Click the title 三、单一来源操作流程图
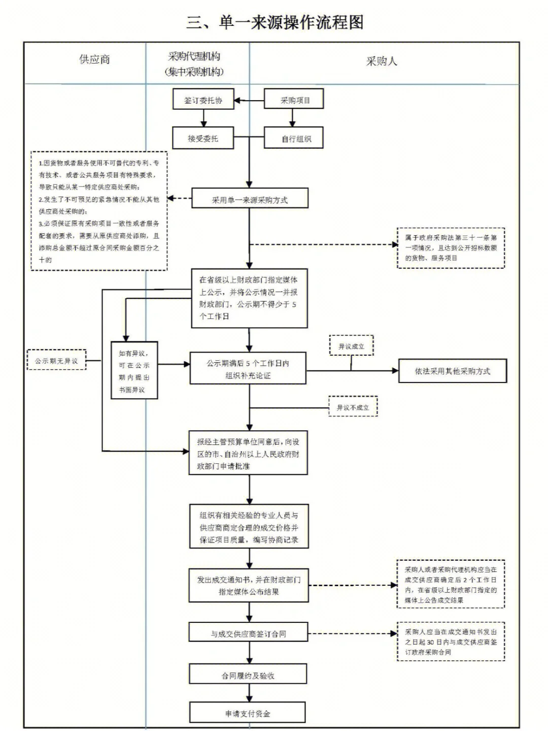click(x=275, y=22)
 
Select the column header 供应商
click(x=94, y=59)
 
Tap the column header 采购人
click(x=382, y=61)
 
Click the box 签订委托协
click(x=203, y=100)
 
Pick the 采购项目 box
click(x=294, y=100)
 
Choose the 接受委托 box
click(x=203, y=138)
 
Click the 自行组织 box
click(x=294, y=139)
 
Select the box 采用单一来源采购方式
click(x=250, y=200)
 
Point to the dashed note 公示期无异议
click(x=56, y=361)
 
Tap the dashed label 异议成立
click(x=351, y=346)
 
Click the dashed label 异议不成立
click(x=353, y=407)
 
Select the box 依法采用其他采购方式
click(x=452, y=371)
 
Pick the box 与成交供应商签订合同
click(x=249, y=633)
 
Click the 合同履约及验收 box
click(x=248, y=675)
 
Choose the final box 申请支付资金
click(x=248, y=713)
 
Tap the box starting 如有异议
click(x=134, y=370)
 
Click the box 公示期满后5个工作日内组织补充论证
click(x=248, y=369)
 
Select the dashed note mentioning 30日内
click(x=451, y=642)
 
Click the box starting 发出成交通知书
click(x=249, y=586)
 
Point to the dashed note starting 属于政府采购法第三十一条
click(x=451, y=248)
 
